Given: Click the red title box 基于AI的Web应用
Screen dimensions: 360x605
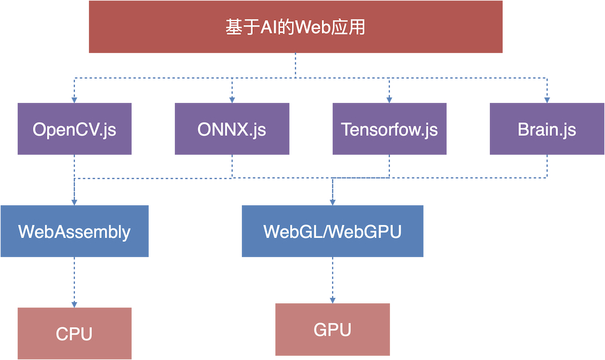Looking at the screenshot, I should click(x=295, y=27).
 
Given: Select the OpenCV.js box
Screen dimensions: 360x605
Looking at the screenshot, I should click(x=74, y=129).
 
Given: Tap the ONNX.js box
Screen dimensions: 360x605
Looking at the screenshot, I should click(x=232, y=129).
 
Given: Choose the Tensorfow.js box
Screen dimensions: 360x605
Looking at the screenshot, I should click(x=389, y=129).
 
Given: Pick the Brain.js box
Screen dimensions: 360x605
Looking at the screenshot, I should click(x=547, y=129).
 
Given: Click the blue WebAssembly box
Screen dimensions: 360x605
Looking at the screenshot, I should click(x=74, y=231).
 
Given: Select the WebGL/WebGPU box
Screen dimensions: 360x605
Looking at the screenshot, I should click(x=332, y=231).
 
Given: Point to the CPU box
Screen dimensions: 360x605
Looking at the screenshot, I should click(x=74, y=333).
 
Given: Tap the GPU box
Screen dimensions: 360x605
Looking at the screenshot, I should click(x=332, y=329).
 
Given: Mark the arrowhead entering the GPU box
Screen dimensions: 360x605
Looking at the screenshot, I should click(x=332, y=299).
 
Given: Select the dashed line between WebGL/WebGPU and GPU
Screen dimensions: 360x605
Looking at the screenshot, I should click(x=332, y=277).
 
